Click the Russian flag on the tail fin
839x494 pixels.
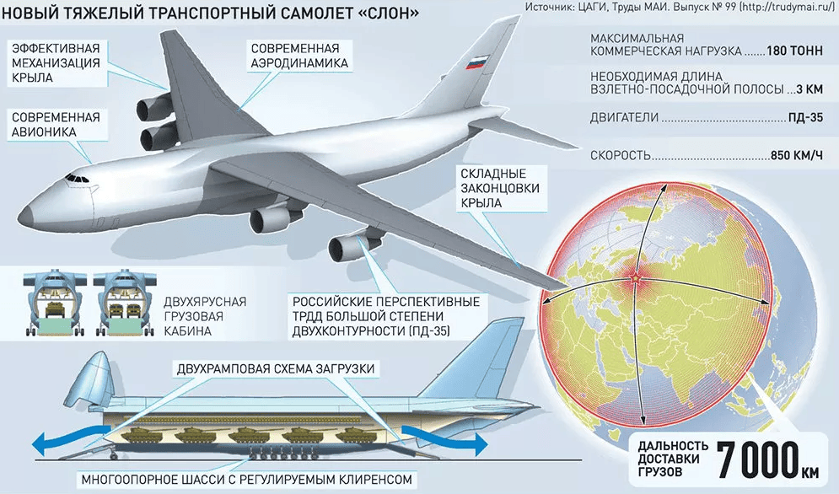(x=474, y=62)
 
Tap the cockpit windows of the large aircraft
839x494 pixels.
(x=77, y=178)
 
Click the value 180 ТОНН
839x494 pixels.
(x=794, y=51)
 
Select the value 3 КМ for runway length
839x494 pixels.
(x=809, y=89)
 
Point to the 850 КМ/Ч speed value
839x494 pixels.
(x=797, y=156)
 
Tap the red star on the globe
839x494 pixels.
(x=635, y=278)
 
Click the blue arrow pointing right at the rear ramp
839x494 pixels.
(x=444, y=439)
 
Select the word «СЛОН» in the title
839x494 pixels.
(x=391, y=13)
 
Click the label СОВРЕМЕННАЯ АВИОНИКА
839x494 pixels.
(x=56, y=124)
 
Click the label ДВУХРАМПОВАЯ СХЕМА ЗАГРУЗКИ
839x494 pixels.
(x=276, y=368)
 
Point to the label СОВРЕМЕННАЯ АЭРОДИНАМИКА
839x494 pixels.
(x=299, y=56)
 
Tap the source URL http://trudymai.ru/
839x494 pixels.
(x=788, y=7)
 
